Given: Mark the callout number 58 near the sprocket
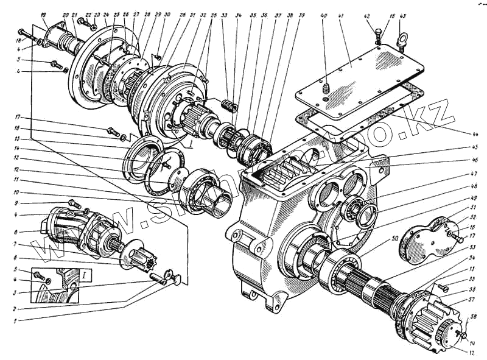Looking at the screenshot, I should coord(472,317).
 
